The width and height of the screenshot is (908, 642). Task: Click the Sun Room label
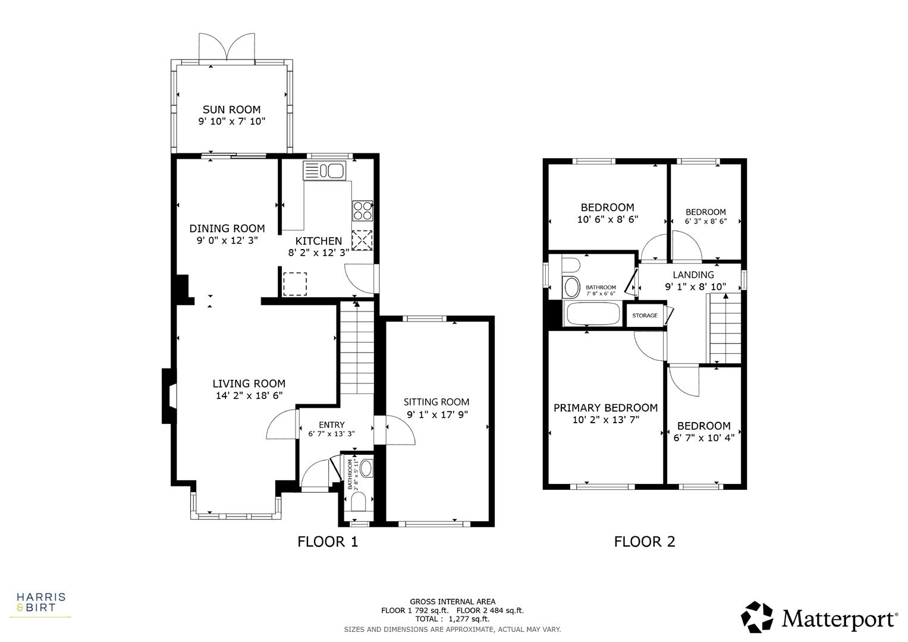click(231, 109)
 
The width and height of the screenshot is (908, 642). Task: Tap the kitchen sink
click(324, 171)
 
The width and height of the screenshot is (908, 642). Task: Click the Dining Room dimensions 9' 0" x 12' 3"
click(227, 241)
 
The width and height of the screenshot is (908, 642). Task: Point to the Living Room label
click(249, 384)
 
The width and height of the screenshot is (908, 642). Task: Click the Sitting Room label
click(436, 402)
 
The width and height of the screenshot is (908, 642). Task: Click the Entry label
click(331, 424)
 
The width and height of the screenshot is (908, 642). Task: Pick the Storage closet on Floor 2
click(645, 315)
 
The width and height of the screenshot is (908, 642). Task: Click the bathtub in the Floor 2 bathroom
click(592, 314)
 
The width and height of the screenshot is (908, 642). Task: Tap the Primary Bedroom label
click(605, 408)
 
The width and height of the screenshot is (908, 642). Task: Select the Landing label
click(693, 275)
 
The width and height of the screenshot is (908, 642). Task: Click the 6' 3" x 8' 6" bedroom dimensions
click(706, 221)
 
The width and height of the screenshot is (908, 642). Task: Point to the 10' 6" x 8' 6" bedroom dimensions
click(607, 219)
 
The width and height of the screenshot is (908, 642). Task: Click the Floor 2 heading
click(645, 542)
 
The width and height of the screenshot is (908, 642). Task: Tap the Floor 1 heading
click(328, 542)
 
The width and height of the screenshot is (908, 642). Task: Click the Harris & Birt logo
click(40, 602)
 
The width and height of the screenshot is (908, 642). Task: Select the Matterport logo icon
click(757, 617)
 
